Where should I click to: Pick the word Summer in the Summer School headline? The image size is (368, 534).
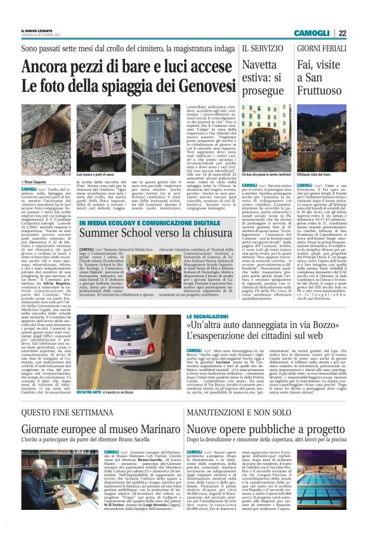tap(98, 234)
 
